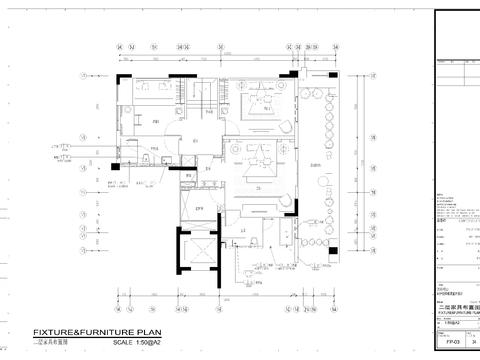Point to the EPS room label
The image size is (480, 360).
pyautogui.click(x=199, y=208)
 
